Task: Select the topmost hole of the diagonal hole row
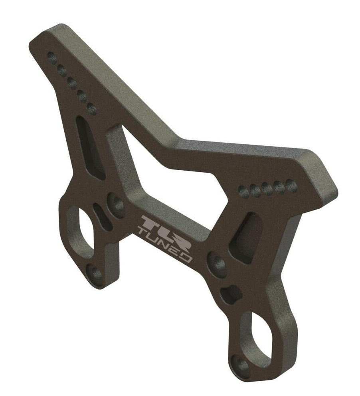tap(51, 55)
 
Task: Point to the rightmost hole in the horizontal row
tap(291, 185)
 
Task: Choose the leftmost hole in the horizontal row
tap(243, 191)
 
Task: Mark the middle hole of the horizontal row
tap(267, 188)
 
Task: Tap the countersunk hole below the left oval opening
tap(96, 275)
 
